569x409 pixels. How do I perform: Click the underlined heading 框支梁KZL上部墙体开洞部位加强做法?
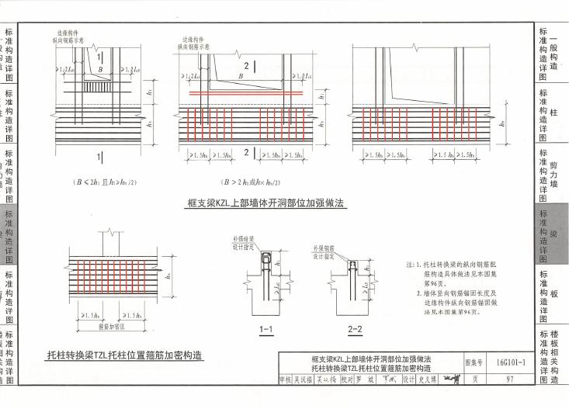pos(265,204)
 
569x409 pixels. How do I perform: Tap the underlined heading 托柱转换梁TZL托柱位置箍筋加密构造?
pos(123,355)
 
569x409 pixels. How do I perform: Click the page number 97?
pos(509,380)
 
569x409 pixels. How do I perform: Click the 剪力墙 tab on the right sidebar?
pos(553,174)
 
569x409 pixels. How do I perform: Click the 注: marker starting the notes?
pos(410,265)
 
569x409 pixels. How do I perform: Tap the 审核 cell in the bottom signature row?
pos(286,380)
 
